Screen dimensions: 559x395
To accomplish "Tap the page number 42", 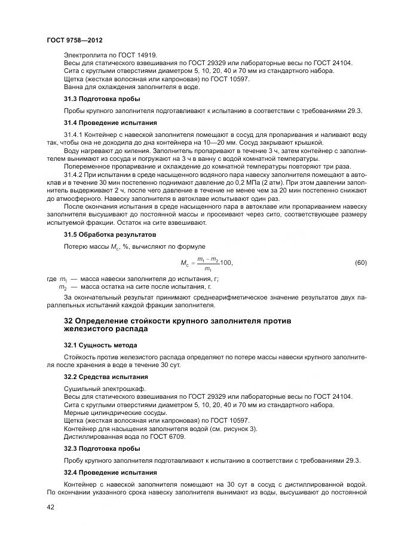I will (x=51, y=507).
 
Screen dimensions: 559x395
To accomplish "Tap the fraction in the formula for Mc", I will (x=204, y=263).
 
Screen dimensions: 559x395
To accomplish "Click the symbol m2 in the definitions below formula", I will (x=63, y=287).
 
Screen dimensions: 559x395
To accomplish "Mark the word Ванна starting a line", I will (x=74, y=87).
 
